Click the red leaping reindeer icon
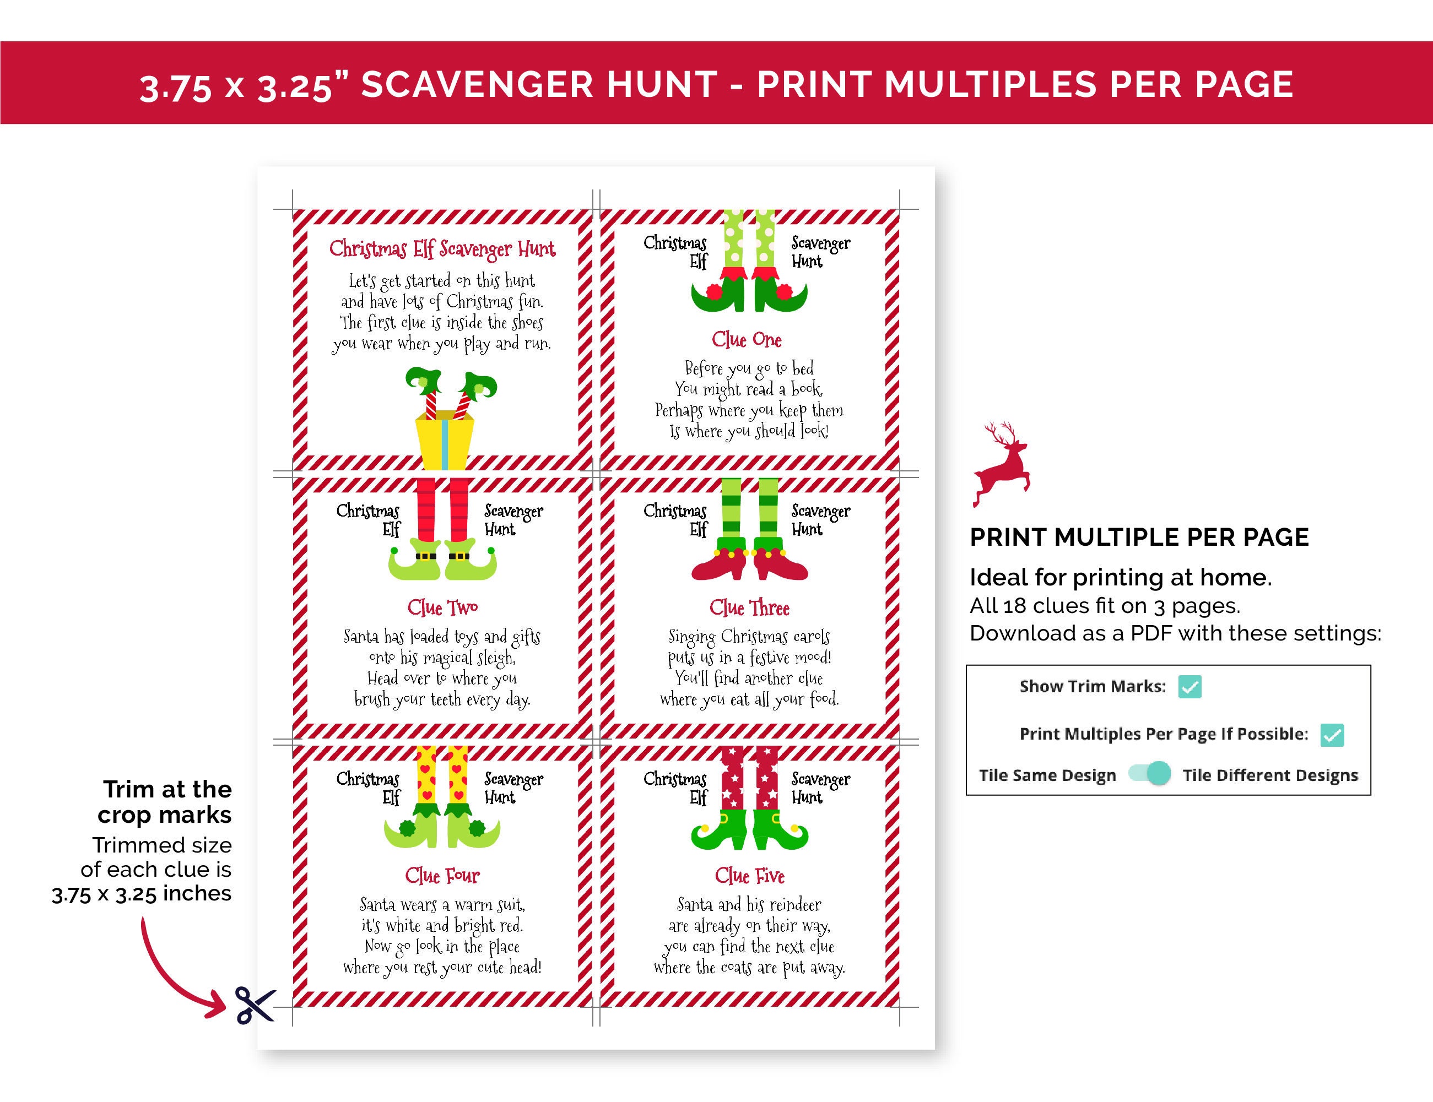(x=1001, y=464)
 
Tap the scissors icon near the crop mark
(x=255, y=1005)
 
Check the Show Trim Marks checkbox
(x=1189, y=687)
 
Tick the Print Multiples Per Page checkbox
(x=1332, y=735)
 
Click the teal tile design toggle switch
(x=1150, y=774)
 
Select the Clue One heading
(x=747, y=340)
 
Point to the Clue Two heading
(x=442, y=608)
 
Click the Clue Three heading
(x=749, y=608)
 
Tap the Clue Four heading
(x=442, y=876)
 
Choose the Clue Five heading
(x=749, y=876)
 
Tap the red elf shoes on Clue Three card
(x=749, y=564)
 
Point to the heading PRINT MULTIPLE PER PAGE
(x=1139, y=537)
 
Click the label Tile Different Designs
(x=1269, y=775)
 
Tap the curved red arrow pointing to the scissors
(x=174, y=971)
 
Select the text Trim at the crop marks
(x=165, y=801)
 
